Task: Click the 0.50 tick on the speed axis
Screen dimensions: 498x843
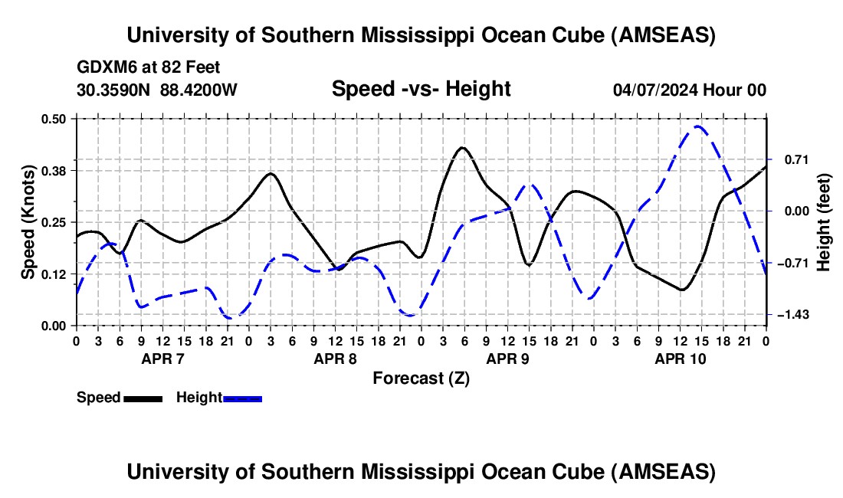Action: [55, 118]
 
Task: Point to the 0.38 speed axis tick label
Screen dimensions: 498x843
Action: [55, 170]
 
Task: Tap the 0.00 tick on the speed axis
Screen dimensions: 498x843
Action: [55, 326]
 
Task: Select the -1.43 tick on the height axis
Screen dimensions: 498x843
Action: [790, 315]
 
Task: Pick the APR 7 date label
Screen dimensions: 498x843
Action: [162, 358]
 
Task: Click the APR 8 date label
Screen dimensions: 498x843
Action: [335, 358]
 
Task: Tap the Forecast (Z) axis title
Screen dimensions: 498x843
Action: [421, 378]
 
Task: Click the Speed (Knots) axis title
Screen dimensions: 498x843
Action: [28, 221]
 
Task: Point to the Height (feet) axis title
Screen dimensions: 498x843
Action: [824, 221]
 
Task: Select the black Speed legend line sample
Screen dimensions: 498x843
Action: [143, 398]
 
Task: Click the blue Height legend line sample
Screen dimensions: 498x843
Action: [242, 398]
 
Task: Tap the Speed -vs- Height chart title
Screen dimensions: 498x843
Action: [421, 89]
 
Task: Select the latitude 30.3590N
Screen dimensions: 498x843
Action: [113, 90]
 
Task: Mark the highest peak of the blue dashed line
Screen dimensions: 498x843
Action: [697, 126]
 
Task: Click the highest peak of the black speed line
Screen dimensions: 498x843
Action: [462, 147]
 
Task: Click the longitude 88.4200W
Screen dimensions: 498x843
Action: [198, 90]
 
